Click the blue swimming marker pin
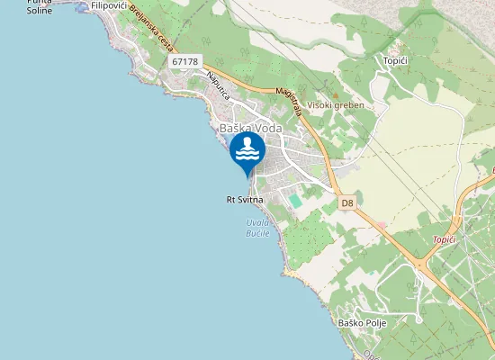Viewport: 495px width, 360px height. (247, 151)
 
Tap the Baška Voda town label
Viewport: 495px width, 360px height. (251, 128)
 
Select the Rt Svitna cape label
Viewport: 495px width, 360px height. (244, 200)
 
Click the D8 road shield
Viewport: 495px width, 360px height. (347, 203)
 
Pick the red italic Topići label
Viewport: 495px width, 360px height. (445, 239)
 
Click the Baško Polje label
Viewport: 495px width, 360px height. (356, 322)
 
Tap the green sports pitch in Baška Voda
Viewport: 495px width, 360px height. (295, 200)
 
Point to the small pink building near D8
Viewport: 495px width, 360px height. (382, 224)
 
